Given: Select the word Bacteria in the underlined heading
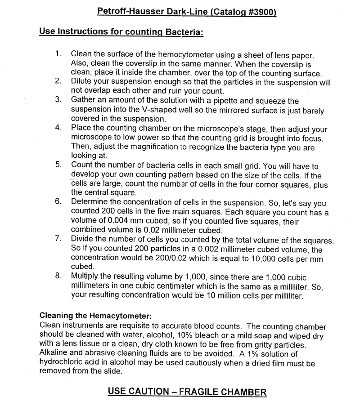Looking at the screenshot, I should point(180,32).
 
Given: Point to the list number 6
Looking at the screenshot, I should point(58,201).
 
